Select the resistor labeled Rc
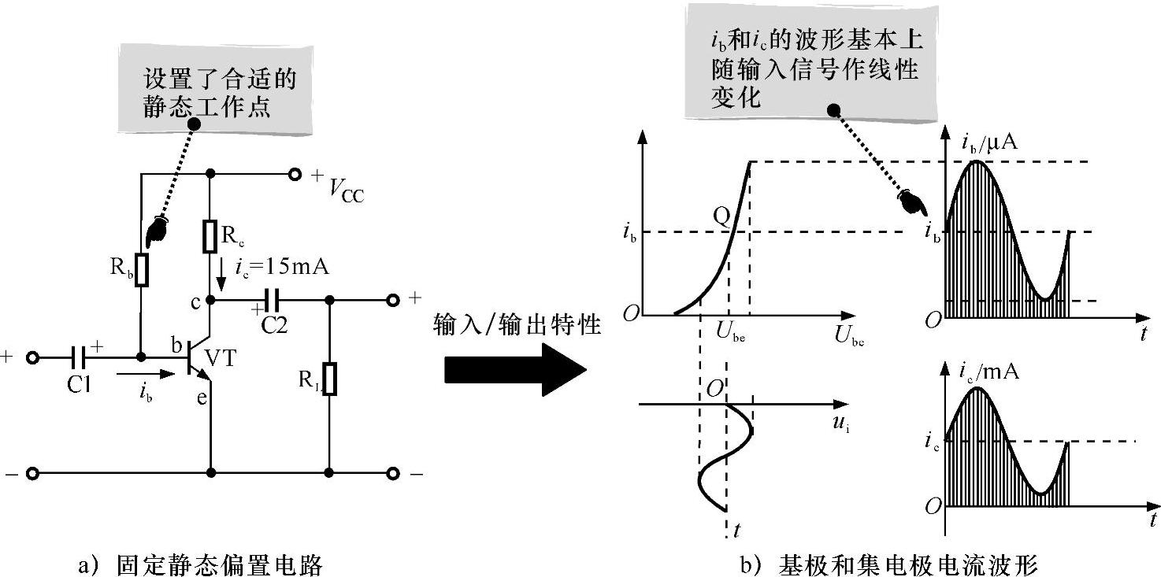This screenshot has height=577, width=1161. tap(210, 236)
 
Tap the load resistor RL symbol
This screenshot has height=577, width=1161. tap(330, 379)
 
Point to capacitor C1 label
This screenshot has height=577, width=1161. tap(79, 386)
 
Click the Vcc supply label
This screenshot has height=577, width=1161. tap(344, 190)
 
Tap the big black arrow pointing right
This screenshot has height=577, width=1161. tap(516, 370)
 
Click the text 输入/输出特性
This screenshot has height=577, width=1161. tap(516, 325)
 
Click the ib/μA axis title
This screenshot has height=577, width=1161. tap(990, 142)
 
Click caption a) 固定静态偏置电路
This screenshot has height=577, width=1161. tap(201, 564)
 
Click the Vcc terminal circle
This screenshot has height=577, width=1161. tap(295, 174)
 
